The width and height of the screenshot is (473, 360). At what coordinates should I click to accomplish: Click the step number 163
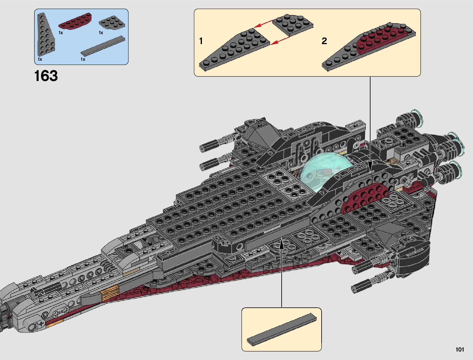[46, 76]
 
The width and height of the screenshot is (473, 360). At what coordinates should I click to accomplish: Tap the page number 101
[459, 350]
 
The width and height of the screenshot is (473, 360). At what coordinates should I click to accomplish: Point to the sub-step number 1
[201, 41]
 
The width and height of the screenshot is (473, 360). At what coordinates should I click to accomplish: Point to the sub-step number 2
[324, 41]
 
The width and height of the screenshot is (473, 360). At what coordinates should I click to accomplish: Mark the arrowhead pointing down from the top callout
[370, 165]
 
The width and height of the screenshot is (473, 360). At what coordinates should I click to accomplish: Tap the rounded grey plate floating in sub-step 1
[293, 24]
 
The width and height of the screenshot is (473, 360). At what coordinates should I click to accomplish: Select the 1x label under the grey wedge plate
[40, 60]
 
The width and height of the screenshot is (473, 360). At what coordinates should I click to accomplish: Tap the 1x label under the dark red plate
[61, 33]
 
